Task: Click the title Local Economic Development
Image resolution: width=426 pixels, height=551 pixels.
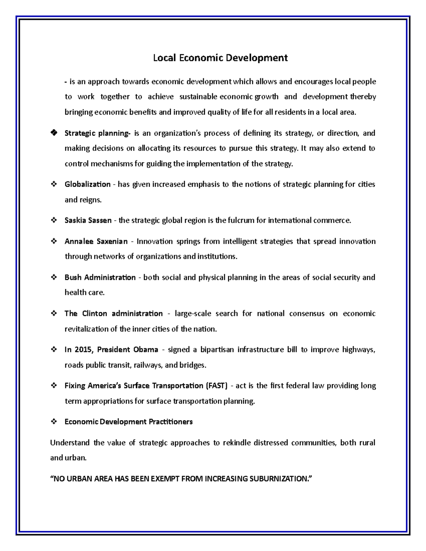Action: [220, 58]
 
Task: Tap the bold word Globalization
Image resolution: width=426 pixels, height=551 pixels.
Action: [87, 184]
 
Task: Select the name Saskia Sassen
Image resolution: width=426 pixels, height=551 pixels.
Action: [88, 220]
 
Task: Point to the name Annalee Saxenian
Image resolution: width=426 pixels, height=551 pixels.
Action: [96, 242]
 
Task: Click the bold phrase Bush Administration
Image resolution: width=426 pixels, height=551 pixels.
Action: [100, 277]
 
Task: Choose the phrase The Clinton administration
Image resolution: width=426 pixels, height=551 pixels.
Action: [114, 314]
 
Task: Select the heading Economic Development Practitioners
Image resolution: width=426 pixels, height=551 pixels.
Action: [129, 422]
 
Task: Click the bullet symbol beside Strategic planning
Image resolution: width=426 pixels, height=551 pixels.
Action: [54, 133]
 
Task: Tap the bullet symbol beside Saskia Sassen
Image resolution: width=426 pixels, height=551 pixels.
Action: [54, 220]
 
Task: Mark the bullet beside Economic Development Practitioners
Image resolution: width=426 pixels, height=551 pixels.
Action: [54, 422]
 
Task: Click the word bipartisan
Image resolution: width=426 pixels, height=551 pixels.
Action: [217, 350]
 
